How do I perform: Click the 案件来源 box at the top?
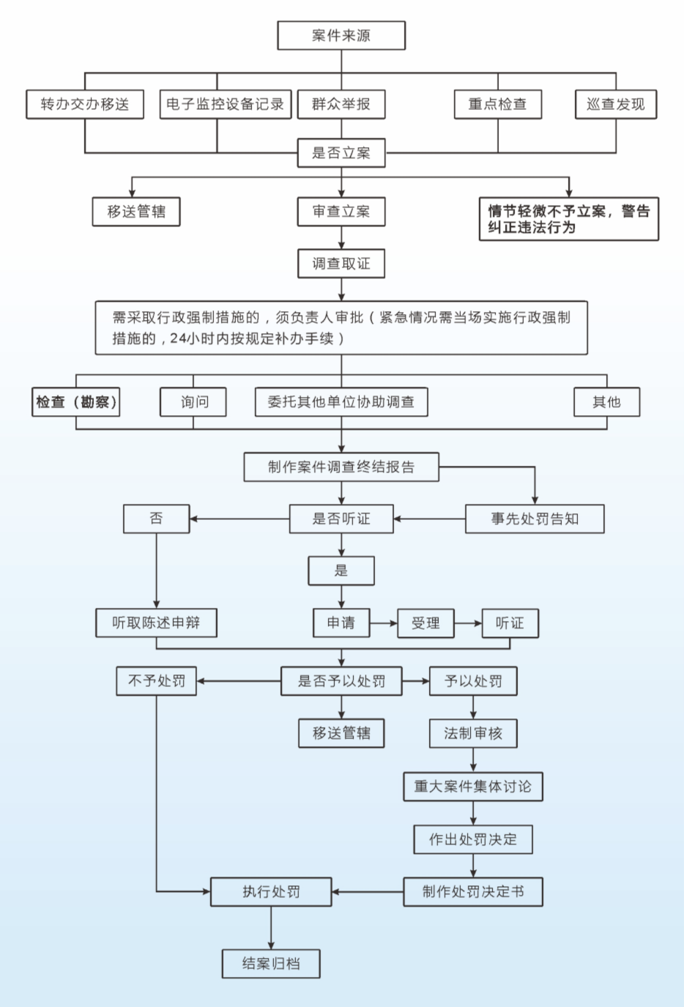pyautogui.click(x=341, y=36)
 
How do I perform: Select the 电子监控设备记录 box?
pyautogui.click(x=226, y=104)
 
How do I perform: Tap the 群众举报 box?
pyautogui.click(x=341, y=104)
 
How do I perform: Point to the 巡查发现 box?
pyautogui.click(x=616, y=104)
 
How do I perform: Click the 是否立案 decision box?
pyautogui.click(x=341, y=153)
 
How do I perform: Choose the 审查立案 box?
pyautogui.click(x=341, y=212)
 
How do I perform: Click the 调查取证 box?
pyautogui.click(x=341, y=264)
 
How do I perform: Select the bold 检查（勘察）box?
pyautogui.click(x=76, y=402)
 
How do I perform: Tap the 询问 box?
pyautogui.click(x=194, y=402)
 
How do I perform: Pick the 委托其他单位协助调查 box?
pyautogui.click(x=341, y=402)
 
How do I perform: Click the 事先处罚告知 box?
pyautogui.click(x=535, y=519)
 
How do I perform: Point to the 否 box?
pyautogui.click(x=157, y=519)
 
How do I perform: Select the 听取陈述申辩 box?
pyautogui.click(x=156, y=623)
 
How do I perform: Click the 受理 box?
pyautogui.click(x=425, y=623)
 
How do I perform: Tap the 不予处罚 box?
pyautogui.click(x=156, y=681)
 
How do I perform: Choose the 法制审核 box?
pyautogui.click(x=473, y=733)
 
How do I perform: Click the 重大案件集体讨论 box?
pyautogui.click(x=473, y=787)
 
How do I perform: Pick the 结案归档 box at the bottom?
pyautogui.click(x=271, y=964)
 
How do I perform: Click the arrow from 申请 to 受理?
pyautogui.click(x=384, y=623)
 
